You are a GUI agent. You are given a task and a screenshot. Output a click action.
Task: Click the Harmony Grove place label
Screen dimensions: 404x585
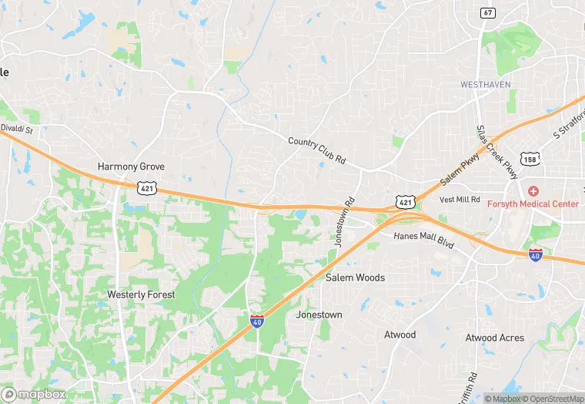click(131, 167)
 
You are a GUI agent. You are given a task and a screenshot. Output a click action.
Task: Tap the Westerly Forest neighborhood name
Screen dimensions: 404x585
click(141, 295)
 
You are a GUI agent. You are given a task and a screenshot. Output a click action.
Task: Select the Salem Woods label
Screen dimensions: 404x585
click(355, 278)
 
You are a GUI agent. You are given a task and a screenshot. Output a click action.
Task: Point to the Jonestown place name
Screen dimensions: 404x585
click(319, 315)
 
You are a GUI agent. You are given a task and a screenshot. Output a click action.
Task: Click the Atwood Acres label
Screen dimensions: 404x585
click(494, 338)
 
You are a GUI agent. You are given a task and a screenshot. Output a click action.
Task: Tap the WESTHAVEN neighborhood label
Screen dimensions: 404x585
click(485, 84)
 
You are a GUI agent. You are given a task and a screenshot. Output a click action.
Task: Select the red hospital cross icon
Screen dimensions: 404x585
click(532, 190)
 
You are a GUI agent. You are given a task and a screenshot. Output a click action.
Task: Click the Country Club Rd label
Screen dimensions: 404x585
click(316, 150)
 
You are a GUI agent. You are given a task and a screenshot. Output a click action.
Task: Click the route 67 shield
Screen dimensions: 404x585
click(487, 13)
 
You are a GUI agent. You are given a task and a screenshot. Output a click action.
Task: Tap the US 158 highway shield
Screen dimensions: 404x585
click(529, 159)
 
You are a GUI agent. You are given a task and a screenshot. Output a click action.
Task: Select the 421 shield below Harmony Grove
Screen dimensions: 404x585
click(146, 187)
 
